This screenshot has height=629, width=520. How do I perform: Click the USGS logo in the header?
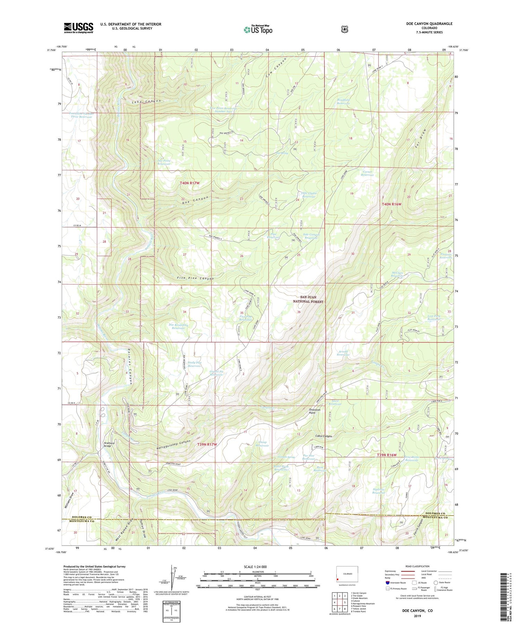tap(78, 28)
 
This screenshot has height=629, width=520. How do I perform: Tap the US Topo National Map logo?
tap(258, 29)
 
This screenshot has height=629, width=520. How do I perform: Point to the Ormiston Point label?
tap(314, 411)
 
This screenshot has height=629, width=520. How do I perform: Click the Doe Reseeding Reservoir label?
tap(178, 326)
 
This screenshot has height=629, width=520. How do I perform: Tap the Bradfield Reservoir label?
tap(343, 101)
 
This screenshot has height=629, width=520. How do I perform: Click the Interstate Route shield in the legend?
tap(387, 583)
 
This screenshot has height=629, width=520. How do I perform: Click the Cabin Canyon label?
tap(323, 436)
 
